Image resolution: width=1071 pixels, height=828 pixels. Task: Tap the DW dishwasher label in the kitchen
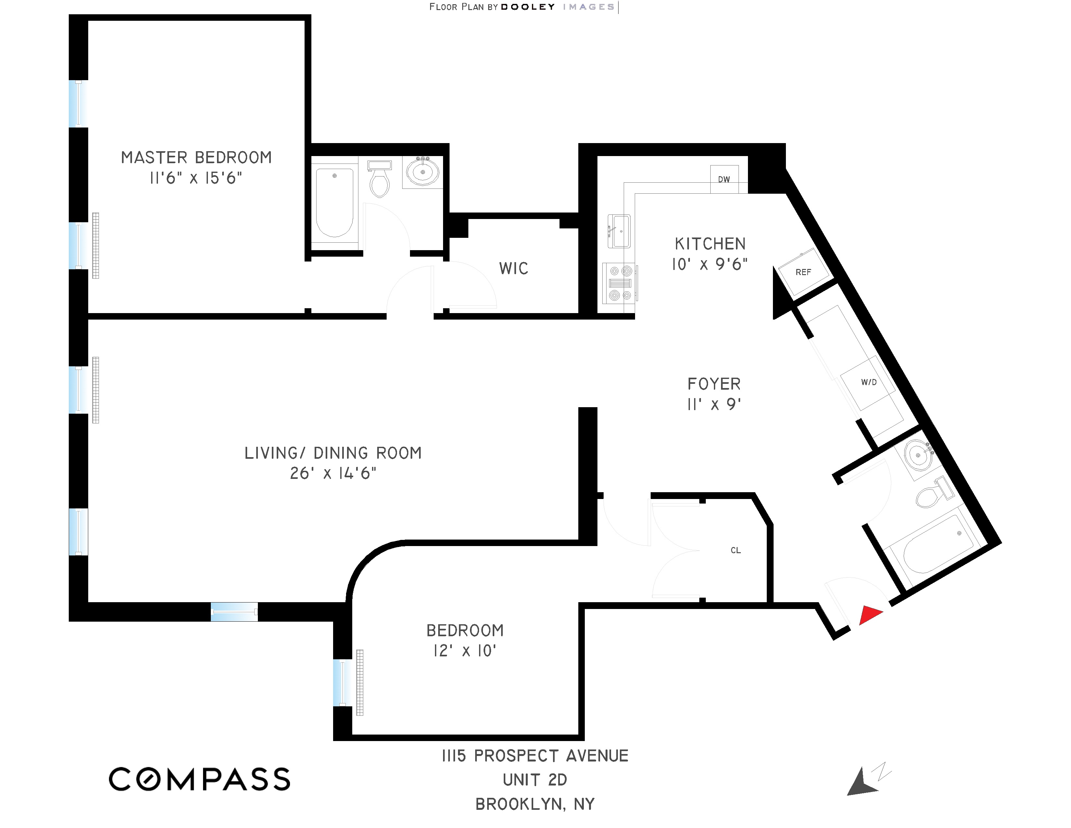click(724, 179)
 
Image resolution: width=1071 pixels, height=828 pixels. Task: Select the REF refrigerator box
click(803, 272)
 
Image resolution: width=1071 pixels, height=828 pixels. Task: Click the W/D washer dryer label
click(869, 382)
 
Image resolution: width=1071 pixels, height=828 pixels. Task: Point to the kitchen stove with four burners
click(620, 283)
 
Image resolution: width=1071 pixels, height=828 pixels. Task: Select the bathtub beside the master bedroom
click(334, 202)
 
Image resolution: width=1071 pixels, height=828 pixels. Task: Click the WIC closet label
click(513, 268)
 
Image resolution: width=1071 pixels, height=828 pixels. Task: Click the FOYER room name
click(714, 384)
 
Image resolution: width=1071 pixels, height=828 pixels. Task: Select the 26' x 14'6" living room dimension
click(333, 473)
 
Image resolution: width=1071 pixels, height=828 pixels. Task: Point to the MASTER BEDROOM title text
click(196, 157)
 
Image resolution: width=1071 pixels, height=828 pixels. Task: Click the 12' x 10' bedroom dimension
click(464, 651)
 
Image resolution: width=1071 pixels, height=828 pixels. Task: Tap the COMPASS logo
click(199, 779)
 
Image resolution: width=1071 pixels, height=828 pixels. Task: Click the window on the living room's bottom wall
click(234, 612)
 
